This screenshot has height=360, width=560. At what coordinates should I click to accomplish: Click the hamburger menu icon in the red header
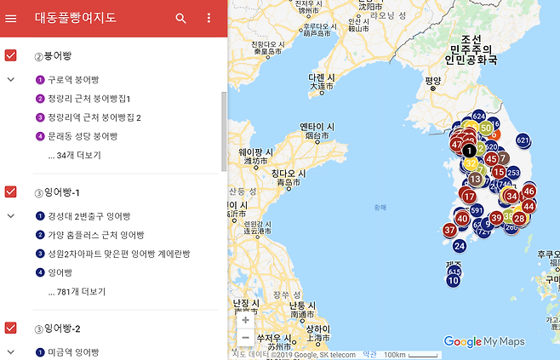click(11, 18)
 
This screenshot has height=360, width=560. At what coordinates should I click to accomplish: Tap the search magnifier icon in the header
click(180, 18)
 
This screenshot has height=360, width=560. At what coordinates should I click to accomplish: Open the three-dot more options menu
click(209, 18)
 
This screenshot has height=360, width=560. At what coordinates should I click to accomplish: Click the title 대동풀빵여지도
click(76, 18)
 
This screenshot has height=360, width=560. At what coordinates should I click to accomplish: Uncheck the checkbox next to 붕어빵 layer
click(11, 56)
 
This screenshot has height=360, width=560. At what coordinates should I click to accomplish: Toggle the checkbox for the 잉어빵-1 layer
click(11, 191)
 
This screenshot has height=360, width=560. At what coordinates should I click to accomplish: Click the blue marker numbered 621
click(523, 140)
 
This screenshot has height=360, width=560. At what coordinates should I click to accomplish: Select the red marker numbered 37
click(450, 230)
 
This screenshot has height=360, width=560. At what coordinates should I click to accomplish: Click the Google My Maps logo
click(483, 342)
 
